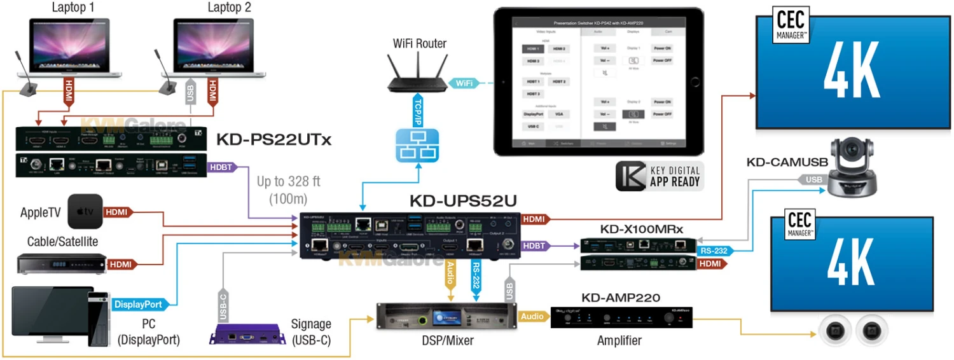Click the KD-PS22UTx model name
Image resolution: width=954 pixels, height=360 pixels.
(x=274, y=139)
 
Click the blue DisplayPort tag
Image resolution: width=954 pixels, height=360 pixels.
(x=137, y=305)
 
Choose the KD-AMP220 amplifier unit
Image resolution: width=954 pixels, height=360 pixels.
(x=619, y=317)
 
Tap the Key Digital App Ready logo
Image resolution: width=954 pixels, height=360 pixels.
(x=660, y=176)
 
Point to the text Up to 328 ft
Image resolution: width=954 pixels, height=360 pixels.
(x=288, y=181)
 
